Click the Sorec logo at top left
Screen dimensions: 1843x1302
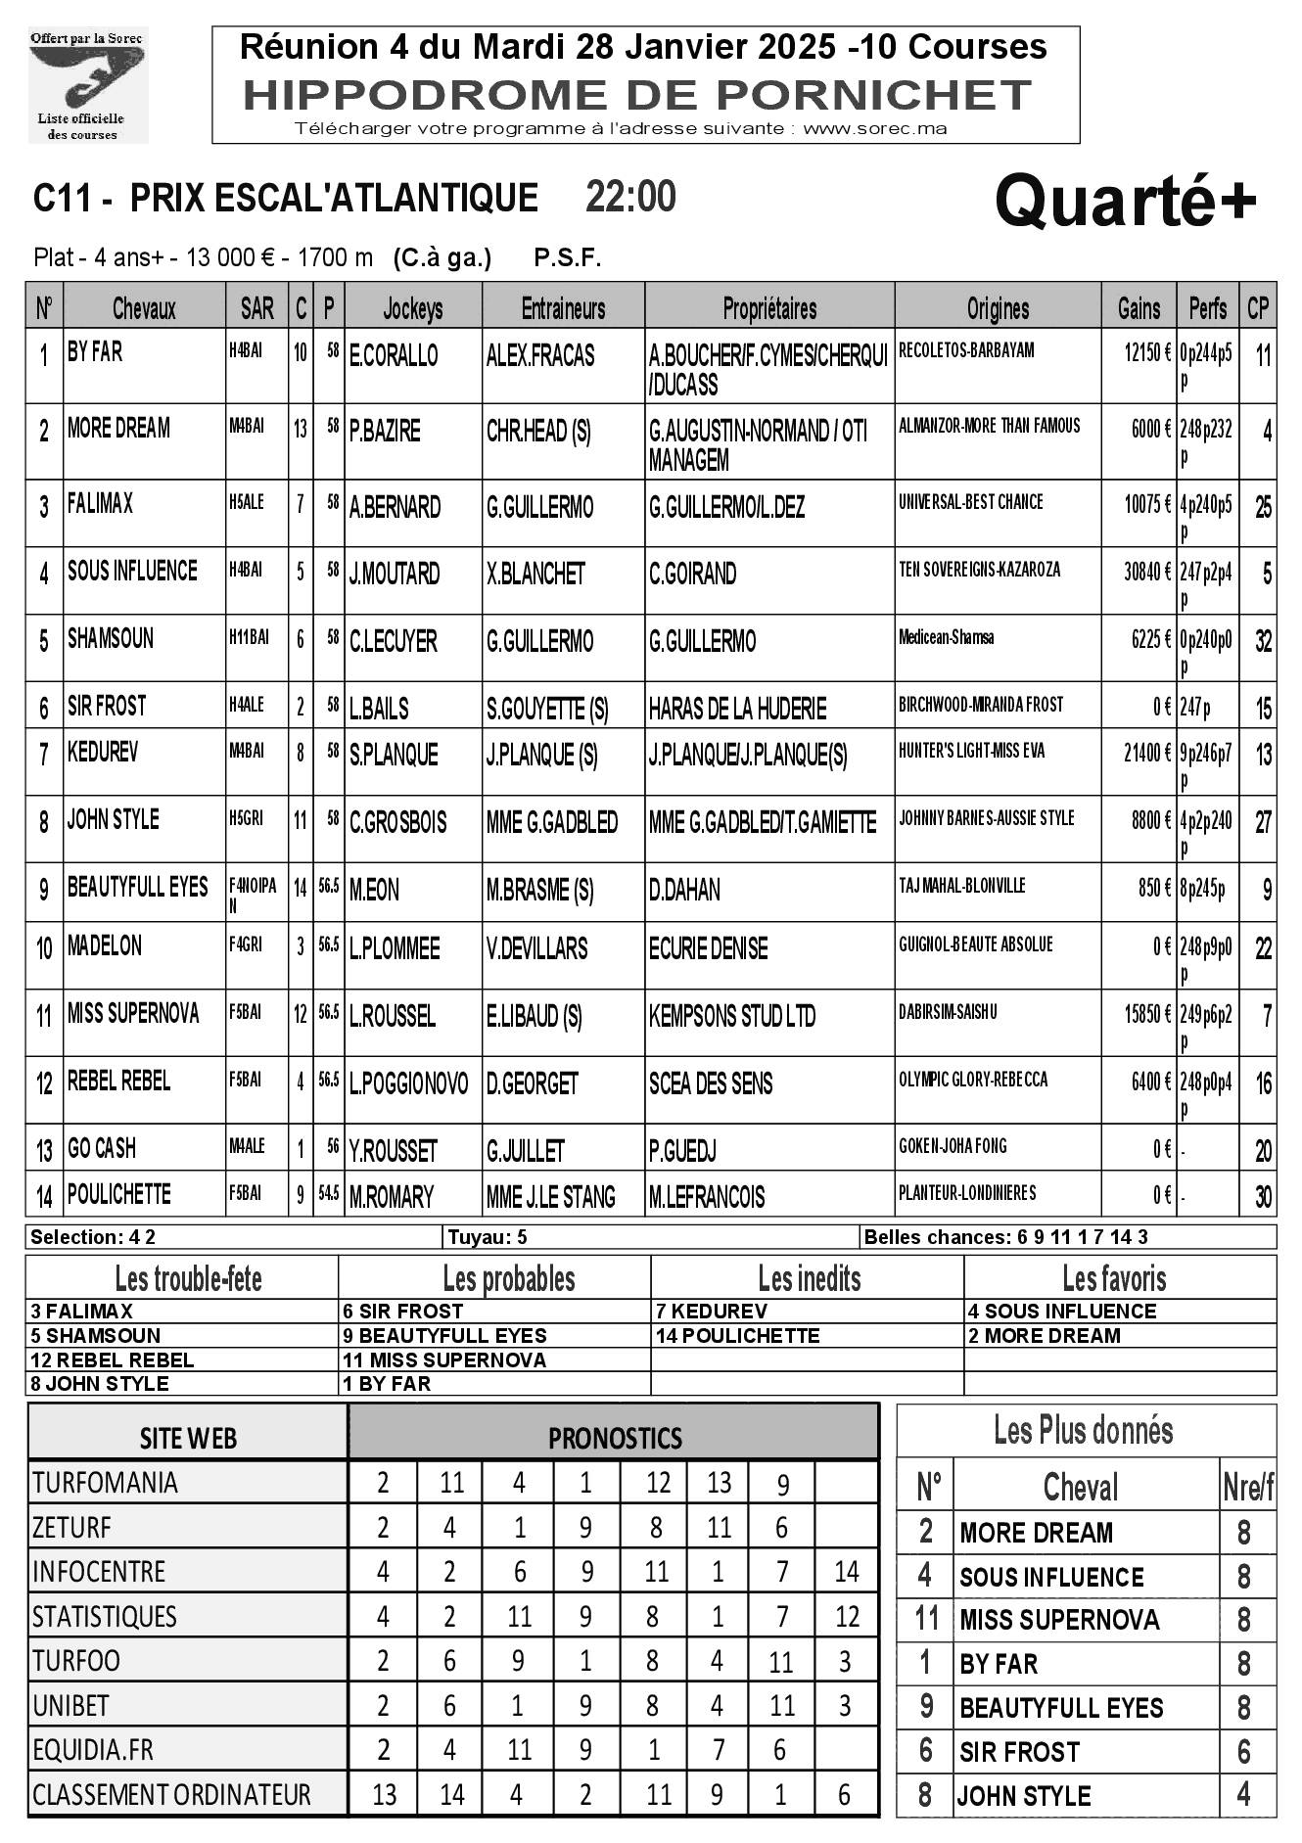87,85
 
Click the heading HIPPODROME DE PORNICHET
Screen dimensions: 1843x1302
637,95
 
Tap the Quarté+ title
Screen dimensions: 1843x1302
1125,201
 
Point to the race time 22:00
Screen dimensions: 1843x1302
630,198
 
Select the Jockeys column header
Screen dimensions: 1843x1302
412,309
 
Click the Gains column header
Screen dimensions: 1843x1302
1139,309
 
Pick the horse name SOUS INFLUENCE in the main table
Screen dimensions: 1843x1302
132,571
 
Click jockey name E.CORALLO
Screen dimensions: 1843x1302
394,355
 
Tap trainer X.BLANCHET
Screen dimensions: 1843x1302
535,574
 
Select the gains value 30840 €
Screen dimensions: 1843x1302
1146,572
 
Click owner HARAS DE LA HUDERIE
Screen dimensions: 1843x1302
737,709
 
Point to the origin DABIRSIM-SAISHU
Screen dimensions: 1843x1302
948,1012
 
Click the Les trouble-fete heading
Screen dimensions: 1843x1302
188,1278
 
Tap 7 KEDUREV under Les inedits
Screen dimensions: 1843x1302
712,1312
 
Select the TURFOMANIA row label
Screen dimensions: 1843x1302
105,1483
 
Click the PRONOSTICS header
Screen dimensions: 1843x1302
614,1438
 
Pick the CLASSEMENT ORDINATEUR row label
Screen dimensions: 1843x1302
171,1795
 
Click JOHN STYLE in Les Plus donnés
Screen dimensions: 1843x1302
1024,1796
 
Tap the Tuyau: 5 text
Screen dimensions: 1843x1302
488,1237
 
